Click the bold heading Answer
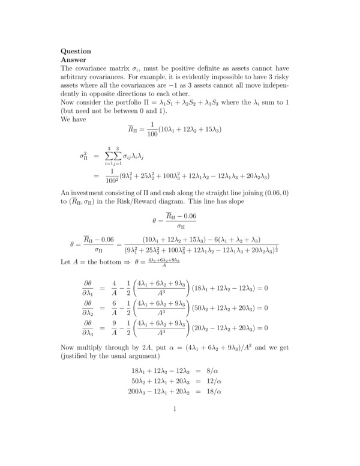(x=74, y=60)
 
